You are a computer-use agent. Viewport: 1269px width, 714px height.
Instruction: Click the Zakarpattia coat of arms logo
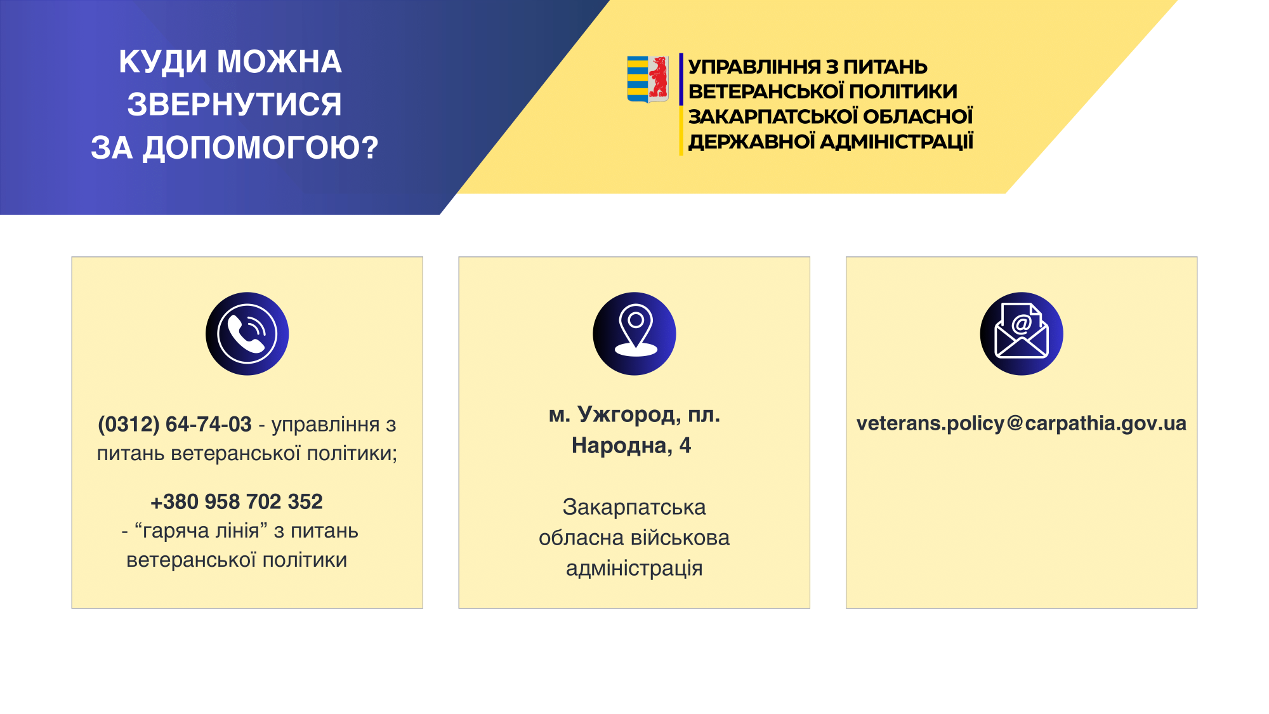click(647, 79)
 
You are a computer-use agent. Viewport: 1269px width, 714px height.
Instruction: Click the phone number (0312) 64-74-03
click(174, 424)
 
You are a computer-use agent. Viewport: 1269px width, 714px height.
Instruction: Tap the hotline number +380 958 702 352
click(237, 501)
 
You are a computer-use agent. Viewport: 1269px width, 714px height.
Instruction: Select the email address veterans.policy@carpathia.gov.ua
click(1022, 423)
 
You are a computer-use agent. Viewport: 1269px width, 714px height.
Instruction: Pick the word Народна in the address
click(622, 446)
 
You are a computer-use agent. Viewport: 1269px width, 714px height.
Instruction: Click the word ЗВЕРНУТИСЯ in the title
click(234, 104)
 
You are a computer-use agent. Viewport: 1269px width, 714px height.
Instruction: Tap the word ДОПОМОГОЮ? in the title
click(261, 147)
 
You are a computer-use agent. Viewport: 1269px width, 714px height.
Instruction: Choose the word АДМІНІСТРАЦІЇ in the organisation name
click(897, 141)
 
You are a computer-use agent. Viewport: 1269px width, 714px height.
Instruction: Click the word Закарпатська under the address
click(634, 507)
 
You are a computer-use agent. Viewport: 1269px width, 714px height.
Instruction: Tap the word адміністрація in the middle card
click(634, 568)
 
